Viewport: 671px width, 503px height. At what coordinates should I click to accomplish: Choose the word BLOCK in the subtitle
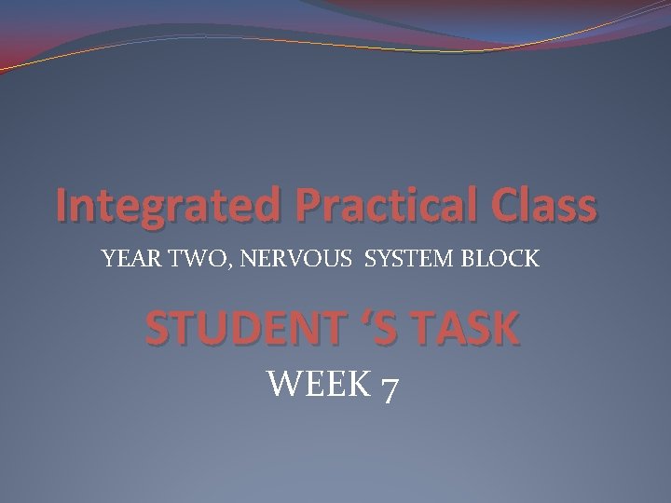click(500, 260)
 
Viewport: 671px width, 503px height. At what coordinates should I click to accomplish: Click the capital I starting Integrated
click(62, 206)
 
